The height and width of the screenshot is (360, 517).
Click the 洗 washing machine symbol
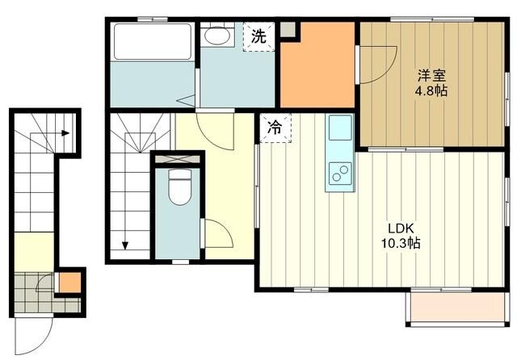point(258,36)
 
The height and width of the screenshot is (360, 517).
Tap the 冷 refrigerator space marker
point(275,128)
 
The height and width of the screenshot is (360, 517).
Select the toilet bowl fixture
point(179,186)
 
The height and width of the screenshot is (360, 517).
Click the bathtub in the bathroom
point(153,41)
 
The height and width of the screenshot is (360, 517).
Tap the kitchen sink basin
point(340,128)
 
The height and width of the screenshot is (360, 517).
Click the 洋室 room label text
point(431,76)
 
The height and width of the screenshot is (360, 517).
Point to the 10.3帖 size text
point(401,243)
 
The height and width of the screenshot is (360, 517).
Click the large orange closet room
point(317,65)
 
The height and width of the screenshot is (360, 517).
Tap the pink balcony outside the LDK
point(457,308)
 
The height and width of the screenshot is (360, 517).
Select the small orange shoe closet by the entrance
point(70,283)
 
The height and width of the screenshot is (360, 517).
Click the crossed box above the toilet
point(178,159)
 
